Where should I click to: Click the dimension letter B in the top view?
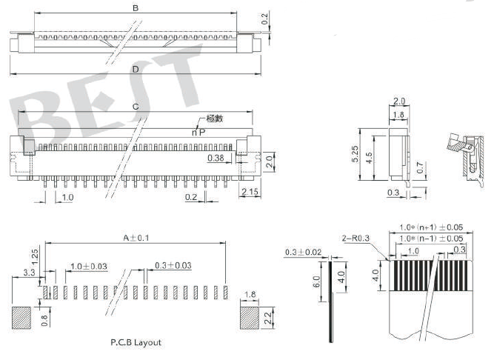click(x=134, y=8)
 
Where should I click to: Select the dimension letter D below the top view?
click(x=136, y=70)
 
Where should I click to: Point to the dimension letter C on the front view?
click(x=136, y=107)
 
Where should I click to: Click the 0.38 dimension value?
click(x=216, y=158)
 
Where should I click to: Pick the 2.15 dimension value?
click(x=250, y=192)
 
